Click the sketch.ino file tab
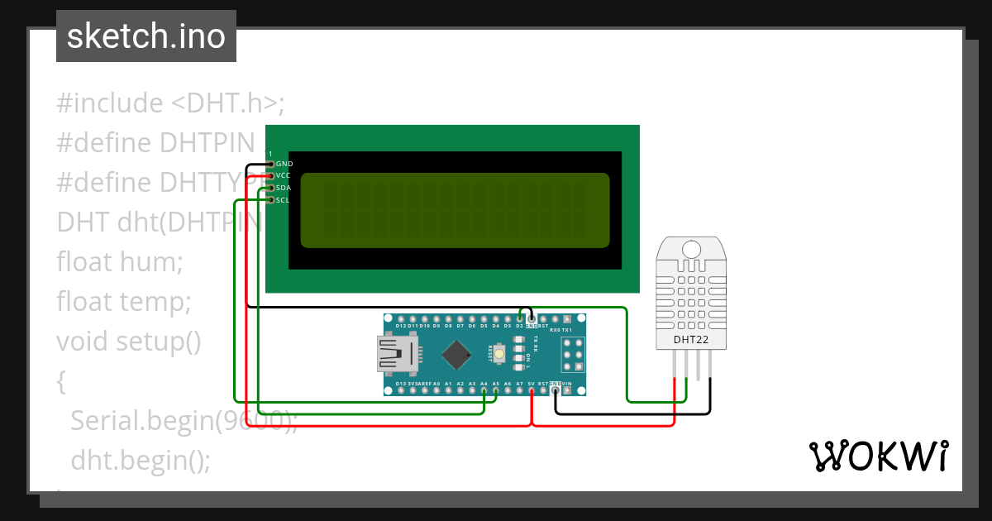point(145,36)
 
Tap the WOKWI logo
point(879,456)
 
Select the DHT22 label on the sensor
point(689,339)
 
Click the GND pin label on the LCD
point(284,164)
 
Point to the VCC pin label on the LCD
point(284,175)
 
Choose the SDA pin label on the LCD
point(284,188)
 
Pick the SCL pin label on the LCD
point(284,200)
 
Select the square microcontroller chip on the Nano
point(456,355)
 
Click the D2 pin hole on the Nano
point(520,318)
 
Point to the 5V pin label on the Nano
point(531,384)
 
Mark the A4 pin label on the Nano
point(484,384)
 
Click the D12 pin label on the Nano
point(401,326)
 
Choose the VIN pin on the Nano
point(567,390)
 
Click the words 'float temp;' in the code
point(124,302)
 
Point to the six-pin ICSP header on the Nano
point(572,355)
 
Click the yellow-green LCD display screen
point(455,210)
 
